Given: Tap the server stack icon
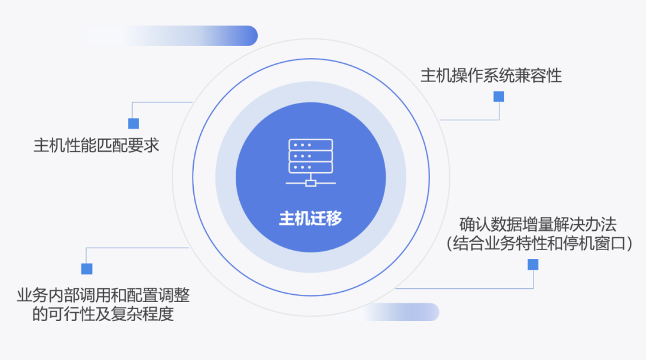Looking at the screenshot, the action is tap(310, 163).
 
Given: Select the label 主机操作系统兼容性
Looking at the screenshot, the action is tap(491, 76).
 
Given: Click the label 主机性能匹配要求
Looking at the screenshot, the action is tap(96, 145).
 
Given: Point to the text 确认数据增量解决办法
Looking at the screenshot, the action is tap(538, 225).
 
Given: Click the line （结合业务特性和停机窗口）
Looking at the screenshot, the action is tap(539, 244).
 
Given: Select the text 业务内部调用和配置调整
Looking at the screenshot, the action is tap(103, 294).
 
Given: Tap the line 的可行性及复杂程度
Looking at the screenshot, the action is tap(103, 314).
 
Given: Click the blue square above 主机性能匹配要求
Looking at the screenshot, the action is tap(133, 123).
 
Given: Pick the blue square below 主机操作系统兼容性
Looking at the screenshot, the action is tap(498, 96).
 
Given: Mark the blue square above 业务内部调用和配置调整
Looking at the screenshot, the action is tap(87, 269).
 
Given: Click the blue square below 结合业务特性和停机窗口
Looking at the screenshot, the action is tap(532, 264).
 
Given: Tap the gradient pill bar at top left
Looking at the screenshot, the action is tap(173, 36).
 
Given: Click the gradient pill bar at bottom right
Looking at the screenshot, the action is tap(401, 312).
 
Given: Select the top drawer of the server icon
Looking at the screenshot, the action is tap(310, 145).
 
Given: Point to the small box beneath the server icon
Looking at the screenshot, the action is tap(310, 182).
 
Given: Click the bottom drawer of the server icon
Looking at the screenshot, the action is tap(310, 167).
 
